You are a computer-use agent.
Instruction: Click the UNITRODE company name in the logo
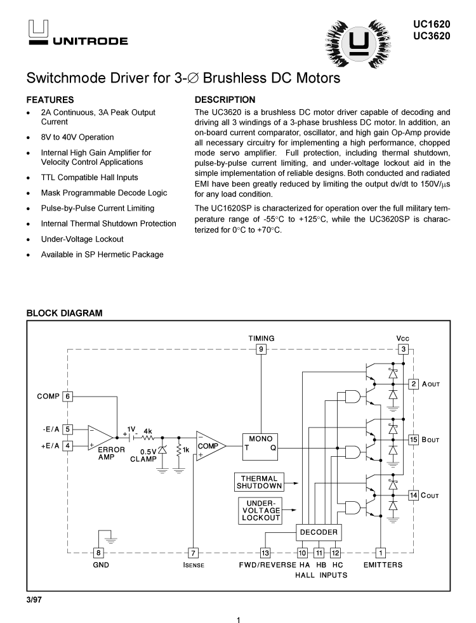90,41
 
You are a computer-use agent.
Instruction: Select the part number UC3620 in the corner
432,36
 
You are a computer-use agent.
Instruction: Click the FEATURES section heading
50,100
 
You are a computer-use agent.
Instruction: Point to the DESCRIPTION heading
225,100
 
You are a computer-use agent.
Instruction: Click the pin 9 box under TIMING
261,350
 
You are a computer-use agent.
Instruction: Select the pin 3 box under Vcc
403,350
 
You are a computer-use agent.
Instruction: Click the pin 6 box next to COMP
68,397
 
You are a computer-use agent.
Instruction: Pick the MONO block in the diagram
260,443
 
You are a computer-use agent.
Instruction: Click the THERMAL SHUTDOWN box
260,482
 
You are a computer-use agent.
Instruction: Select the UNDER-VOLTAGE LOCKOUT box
260,511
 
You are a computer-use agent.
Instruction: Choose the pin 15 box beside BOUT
413,439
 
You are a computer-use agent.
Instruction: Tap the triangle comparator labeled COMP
208,446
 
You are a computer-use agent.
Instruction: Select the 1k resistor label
186,450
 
